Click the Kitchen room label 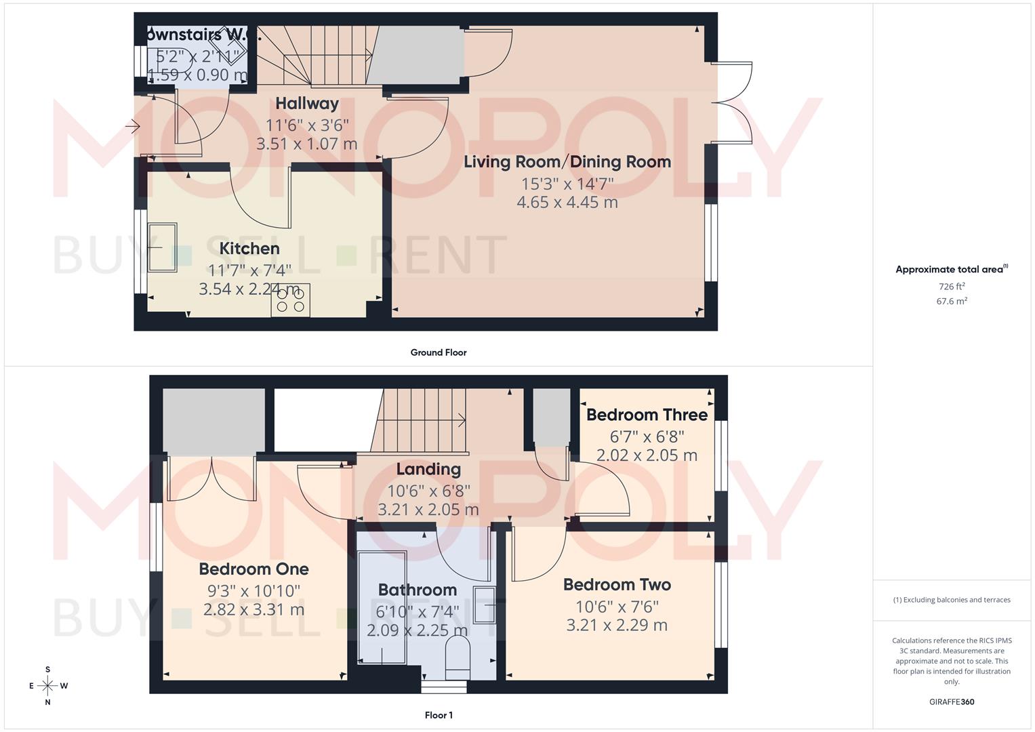pyautogui.click(x=249, y=248)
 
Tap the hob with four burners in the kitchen pyautogui.click(x=291, y=300)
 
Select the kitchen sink pyautogui.click(x=163, y=247)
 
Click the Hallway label pyautogui.click(x=307, y=104)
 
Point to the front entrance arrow pyautogui.click(x=132, y=126)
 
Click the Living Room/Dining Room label pyautogui.click(x=567, y=162)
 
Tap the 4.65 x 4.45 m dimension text pyautogui.click(x=567, y=202)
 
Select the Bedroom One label pyautogui.click(x=253, y=569)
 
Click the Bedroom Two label pyautogui.click(x=617, y=584)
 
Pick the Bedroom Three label pyautogui.click(x=647, y=415)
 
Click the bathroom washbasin pyautogui.click(x=485, y=605)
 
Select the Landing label pyautogui.click(x=428, y=469)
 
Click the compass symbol pyautogui.click(x=47, y=686)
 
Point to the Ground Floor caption pyautogui.click(x=439, y=352)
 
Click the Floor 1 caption pyautogui.click(x=439, y=715)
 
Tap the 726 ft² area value pyautogui.click(x=952, y=287)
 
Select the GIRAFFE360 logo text pyautogui.click(x=952, y=702)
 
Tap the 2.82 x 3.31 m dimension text pyautogui.click(x=253, y=609)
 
